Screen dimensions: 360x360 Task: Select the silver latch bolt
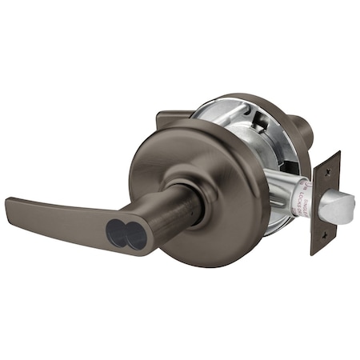[x=336, y=206]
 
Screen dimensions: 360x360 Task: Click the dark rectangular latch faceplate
[x=326, y=203]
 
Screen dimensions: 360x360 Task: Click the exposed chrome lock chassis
[x=240, y=128]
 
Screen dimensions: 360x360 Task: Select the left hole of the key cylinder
[x=118, y=233]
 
